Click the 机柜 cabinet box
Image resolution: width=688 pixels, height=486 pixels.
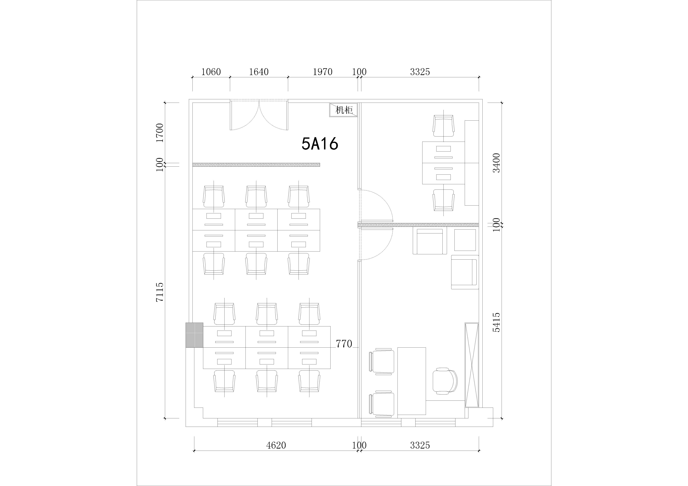click(343, 110)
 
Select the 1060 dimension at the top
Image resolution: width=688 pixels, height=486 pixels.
click(211, 72)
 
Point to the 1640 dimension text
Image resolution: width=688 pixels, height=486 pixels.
click(259, 72)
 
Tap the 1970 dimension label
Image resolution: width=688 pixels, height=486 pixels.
click(323, 72)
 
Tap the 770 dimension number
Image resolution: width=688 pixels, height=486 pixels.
click(344, 344)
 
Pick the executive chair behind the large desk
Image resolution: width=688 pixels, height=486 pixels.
click(445, 381)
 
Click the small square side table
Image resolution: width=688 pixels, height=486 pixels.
click(465, 240)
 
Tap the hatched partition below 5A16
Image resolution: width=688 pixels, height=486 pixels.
click(256, 165)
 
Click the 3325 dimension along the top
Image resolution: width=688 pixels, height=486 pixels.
click(420, 72)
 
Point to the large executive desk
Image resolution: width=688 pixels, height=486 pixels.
click(412, 381)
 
